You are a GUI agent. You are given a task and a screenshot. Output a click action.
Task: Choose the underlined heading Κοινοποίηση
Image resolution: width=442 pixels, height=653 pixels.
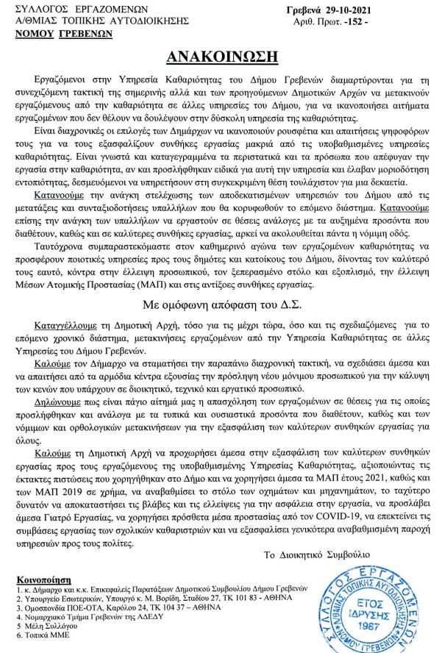pos(38,579)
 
